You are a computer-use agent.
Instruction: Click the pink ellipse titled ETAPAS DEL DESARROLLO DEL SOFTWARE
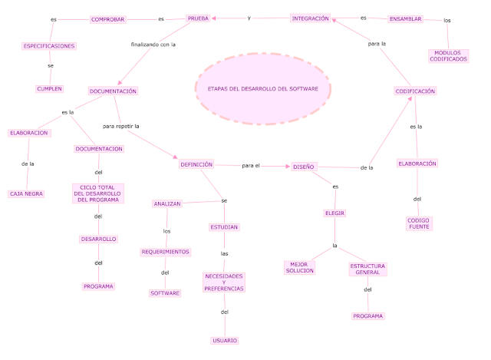click(263, 89)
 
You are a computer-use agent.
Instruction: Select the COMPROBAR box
click(107, 19)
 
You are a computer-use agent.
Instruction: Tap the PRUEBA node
click(198, 18)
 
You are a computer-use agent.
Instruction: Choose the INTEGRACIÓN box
click(310, 18)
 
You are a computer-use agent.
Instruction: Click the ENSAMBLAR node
click(405, 18)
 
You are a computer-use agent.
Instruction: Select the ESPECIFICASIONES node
click(49, 46)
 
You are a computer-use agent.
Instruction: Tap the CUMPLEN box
click(49, 88)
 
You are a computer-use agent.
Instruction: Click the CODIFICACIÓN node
click(415, 91)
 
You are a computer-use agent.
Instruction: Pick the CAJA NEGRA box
click(26, 193)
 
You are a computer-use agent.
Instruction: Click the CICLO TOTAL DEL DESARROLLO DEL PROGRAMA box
click(98, 193)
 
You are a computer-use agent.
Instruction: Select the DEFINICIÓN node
click(196, 164)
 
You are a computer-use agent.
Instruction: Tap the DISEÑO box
click(303, 166)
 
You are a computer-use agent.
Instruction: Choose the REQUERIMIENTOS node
click(165, 252)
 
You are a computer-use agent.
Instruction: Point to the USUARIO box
click(225, 340)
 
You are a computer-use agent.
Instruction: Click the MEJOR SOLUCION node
click(300, 268)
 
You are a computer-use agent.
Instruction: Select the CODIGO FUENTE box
click(419, 223)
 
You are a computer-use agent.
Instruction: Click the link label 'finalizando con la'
click(153, 45)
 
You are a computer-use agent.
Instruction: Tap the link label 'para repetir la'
click(126, 124)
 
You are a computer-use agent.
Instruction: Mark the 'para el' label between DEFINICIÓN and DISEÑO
click(251, 165)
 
